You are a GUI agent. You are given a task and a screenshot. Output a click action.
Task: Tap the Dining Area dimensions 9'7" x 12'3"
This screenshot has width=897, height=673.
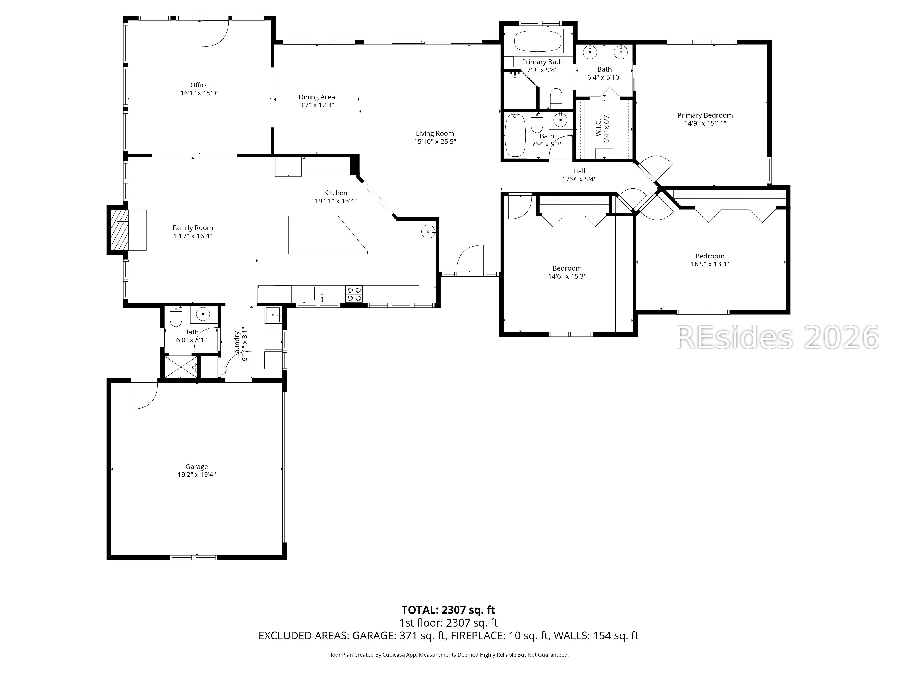point(317,105)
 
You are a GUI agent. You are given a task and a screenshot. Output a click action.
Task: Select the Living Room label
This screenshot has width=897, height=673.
point(435,133)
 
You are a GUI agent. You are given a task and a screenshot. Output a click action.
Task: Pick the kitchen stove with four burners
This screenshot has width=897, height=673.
point(354,294)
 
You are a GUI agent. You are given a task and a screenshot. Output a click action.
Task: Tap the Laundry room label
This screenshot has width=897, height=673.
point(237,344)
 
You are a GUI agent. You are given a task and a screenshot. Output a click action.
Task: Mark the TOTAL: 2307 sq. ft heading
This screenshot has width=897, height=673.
point(448,610)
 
